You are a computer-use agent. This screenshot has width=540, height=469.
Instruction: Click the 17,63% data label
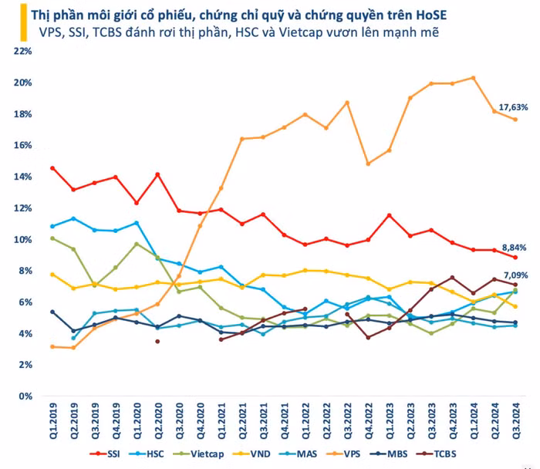click(514, 107)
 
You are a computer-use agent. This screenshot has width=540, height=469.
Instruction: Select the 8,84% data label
click(514, 248)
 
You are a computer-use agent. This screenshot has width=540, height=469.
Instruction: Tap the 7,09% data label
click(514, 274)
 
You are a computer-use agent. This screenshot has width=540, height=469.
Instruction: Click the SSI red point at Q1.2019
click(52, 168)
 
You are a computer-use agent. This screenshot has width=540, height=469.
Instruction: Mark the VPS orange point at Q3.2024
click(515, 119)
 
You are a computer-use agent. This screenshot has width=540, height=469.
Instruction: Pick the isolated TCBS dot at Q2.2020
click(157, 341)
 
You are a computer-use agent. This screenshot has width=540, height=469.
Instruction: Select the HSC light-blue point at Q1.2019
click(52, 226)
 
